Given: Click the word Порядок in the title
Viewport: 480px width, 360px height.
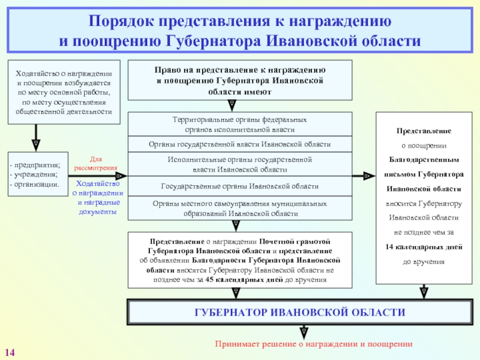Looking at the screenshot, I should coord(120,22).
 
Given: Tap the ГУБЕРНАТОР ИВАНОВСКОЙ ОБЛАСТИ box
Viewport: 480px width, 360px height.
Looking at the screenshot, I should coord(299,313).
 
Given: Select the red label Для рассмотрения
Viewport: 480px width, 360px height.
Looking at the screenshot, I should coord(95,164).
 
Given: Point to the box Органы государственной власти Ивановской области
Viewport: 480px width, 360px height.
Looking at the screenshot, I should coord(239,145).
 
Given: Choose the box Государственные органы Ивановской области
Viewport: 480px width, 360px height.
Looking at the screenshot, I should coord(239,186).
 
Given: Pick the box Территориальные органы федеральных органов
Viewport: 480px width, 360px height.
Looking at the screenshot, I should coord(239,125).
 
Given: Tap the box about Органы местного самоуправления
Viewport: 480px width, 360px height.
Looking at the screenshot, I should coord(239,208).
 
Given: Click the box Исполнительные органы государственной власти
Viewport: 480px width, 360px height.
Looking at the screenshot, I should coord(239,164).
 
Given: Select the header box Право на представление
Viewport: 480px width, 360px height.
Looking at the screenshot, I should coord(239,80).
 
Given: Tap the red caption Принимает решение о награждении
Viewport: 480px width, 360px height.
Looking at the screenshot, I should coord(314,344).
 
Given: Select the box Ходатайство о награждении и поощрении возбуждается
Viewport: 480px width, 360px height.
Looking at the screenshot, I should coord(64,92).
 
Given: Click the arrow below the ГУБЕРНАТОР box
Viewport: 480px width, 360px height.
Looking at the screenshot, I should coord(304,331).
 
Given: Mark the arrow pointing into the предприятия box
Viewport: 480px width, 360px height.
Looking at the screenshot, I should coord(35,144).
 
